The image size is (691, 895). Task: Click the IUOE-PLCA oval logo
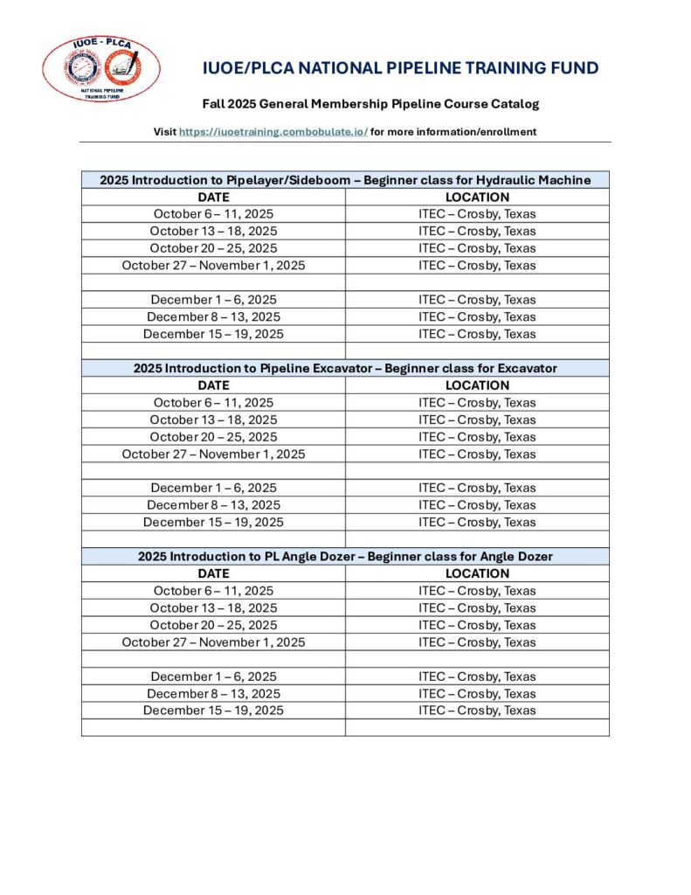click(101, 69)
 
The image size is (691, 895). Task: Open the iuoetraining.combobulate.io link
click(273, 132)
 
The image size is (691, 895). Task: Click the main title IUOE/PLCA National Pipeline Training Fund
click(401, 68)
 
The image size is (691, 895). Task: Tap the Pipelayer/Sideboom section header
click(345, 180)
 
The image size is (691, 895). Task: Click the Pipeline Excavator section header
click(345, 368)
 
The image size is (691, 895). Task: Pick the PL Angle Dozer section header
click(345, 556)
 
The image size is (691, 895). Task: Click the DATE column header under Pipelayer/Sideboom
click(213, 198)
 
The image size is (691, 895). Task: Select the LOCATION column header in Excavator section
click(477, 385)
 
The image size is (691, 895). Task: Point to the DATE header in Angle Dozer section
click(213, 573)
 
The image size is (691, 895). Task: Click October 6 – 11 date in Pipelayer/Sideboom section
click(213, 214)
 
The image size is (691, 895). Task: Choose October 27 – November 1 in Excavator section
click(213, 454)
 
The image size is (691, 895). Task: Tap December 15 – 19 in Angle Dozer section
click(213, 711)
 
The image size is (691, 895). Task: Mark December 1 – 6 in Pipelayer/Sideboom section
click(213, 300)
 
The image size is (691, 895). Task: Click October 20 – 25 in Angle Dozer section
click(213, 625)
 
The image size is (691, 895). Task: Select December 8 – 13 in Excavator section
click(213, 505)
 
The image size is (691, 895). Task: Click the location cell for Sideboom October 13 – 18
click(477, 231)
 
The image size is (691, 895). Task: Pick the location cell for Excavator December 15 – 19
click(477, 522)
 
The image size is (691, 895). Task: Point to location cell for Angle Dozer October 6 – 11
click(477, 591)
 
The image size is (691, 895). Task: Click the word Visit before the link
click(164, 132)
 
